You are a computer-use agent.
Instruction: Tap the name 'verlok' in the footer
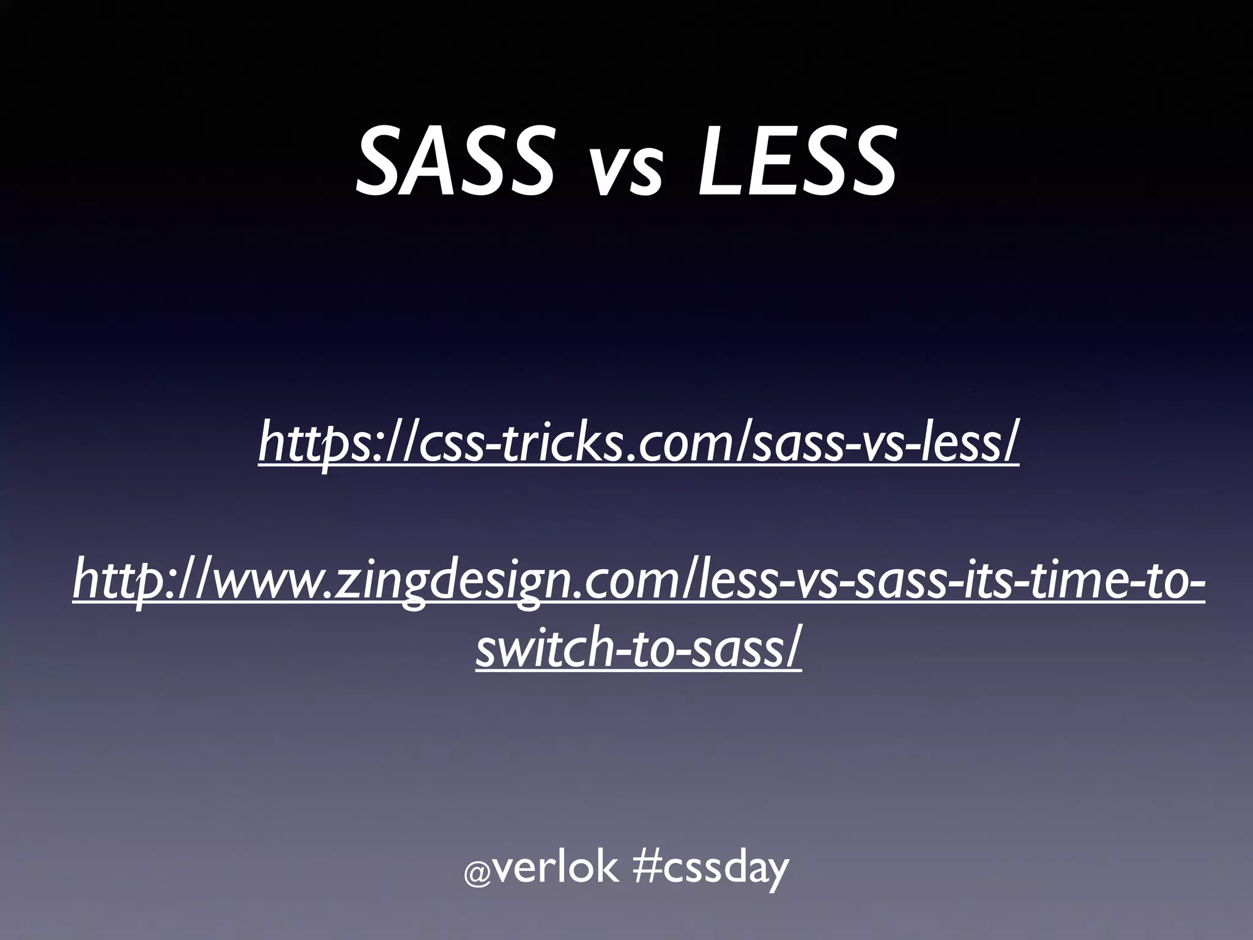pos(554,869)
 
